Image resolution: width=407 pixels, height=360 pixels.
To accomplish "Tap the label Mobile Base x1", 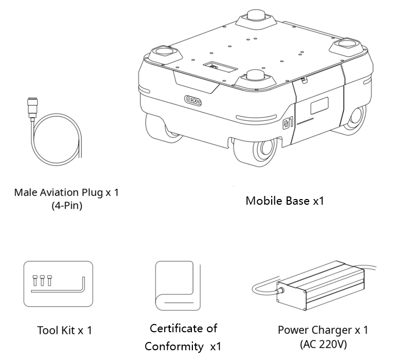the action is pyautogui.click(x=285, y=201).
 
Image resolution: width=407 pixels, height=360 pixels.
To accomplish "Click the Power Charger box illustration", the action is pyautogui.click(x=321, y=285).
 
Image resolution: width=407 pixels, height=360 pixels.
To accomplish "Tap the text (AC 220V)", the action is pyautogui.click(x=323, y=344).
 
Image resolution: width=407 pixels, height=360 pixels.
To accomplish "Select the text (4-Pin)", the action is pyautogui.click(x=67, y=205).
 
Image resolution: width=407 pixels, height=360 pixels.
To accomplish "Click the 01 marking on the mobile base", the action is pyautogui.click(x=288, y=123).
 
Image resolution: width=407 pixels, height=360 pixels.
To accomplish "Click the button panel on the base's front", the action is pyautogui.click(x=193, y=100).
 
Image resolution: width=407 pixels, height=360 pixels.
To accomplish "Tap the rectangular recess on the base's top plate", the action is pyautogui.click(x=220, y=67).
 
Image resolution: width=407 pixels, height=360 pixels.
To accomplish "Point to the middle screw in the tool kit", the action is pyautogui.click(x=42, y=281).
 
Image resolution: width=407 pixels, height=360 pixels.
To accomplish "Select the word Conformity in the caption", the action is pyautogui.click(x=174, y=347).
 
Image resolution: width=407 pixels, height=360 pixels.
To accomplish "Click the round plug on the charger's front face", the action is pyautogui.click(x=280, y=292).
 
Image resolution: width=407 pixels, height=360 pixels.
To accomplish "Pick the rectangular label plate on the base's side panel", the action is pyautogui.click(x=320, y=105).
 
